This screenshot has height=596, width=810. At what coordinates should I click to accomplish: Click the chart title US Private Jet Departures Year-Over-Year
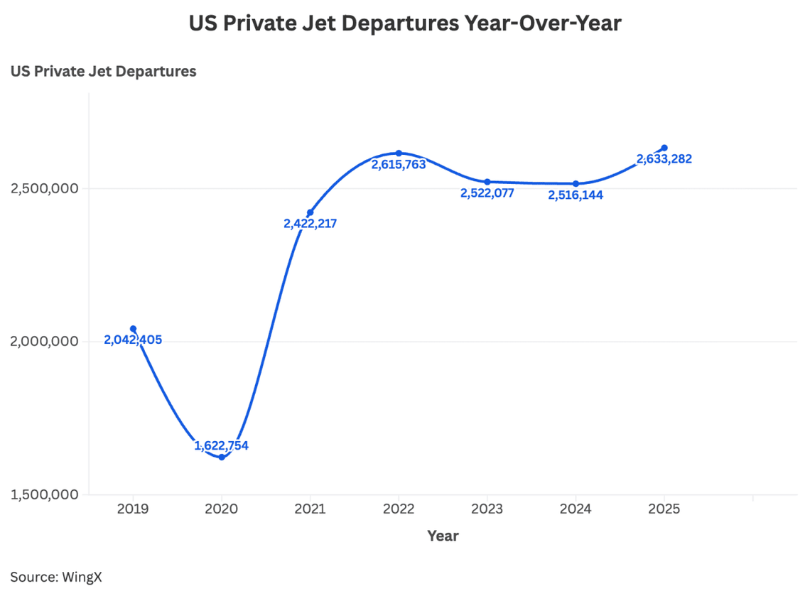click(x=405, y=23)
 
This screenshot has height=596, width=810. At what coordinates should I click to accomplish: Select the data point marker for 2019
click(x=133, y=329)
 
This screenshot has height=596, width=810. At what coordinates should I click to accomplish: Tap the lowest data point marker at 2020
click(x=222, y=457)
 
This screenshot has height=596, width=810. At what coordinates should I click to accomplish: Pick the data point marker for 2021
click(x=310, y=212)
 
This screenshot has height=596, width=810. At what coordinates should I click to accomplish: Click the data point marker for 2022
click(x=399, y=153)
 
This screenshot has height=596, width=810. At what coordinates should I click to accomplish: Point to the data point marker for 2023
click(x=487, y=182)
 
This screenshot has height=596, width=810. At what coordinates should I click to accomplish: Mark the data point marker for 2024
click(x=576, y=184)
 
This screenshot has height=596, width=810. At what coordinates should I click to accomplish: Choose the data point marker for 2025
click(x=664, y=148)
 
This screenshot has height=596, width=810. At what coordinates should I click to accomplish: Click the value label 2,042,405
click(x=133, y=340)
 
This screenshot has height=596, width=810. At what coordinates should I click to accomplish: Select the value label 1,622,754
click(x=222, y=446)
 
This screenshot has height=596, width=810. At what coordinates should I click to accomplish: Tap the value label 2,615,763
click(x=399, y=164)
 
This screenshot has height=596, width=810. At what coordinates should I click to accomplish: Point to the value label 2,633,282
click(x=664, y=159)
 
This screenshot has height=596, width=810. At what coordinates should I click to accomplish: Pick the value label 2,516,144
click(x=576, y=195)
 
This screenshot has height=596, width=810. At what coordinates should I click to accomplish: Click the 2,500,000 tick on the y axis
click(x=44, y=189)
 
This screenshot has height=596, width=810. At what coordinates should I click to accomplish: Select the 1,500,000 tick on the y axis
click(x=44, y=494)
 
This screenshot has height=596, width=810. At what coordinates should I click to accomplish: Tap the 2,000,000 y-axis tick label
click(x=44, y=342)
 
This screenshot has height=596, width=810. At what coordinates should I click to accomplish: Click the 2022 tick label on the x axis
click(x=399, y=509)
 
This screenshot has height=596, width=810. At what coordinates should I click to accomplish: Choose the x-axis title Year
click(x=443, y=536)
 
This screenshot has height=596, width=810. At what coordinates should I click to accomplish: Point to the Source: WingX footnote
click(x=56, y=577)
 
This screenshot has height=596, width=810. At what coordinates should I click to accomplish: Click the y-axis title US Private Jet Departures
click(x=103, y=72)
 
